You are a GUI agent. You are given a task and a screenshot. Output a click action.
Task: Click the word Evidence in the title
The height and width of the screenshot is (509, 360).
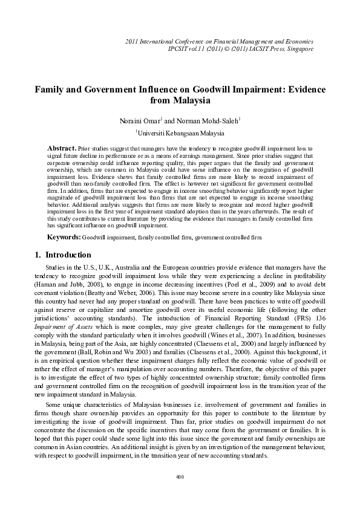[300, 89]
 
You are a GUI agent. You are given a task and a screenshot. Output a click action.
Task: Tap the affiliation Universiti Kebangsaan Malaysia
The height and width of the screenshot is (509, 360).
[180, 132]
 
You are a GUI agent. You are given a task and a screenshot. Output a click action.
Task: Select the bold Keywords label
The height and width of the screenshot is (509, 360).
[64, 239]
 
